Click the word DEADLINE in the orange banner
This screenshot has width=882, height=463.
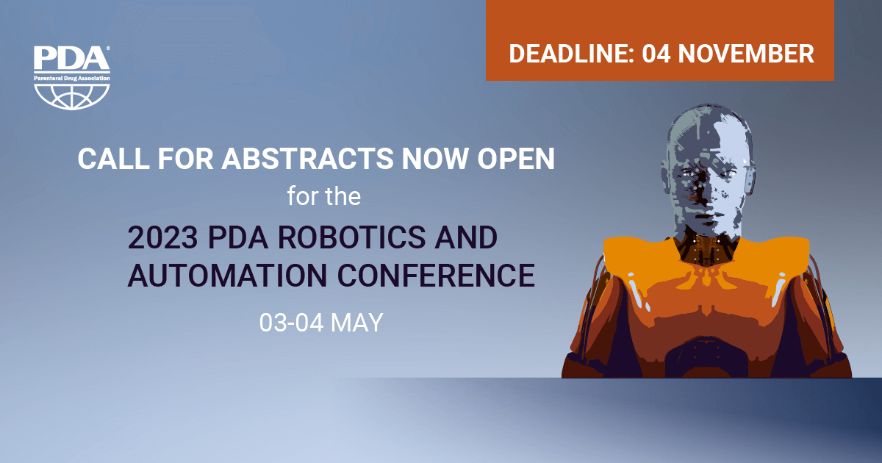[x=571, y=54]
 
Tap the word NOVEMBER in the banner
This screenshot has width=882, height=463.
[x=746, y=54]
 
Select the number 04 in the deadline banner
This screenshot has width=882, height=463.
[x=656, y=54]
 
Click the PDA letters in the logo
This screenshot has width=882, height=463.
[x=71, y=58]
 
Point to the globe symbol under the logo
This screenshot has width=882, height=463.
[x=72, y=96]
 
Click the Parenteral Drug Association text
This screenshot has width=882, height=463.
[x=72, y=79]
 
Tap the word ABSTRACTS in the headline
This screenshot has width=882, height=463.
[x=307, y=159]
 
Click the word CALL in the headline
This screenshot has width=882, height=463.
[x=113, y=159]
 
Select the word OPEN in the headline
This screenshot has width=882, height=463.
[x=516, y=159]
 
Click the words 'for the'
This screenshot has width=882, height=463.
[x=323, y=196]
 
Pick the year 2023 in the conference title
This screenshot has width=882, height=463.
[x=162, y=237]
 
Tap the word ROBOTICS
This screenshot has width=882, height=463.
[x=351, y=237]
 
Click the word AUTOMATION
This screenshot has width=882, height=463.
[x=227, y=275]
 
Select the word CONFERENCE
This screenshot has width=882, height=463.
[x=437, y=275]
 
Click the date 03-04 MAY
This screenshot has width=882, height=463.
[x=321, y=323]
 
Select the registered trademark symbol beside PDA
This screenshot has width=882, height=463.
[x=108, y=48]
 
